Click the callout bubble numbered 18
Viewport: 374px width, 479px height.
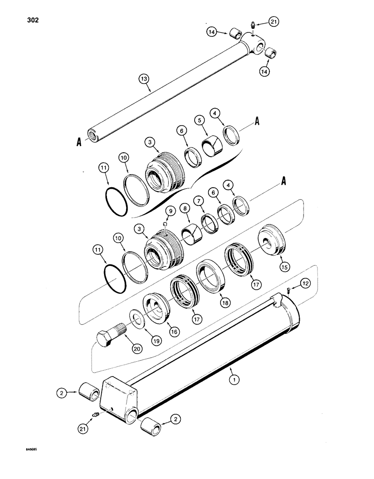pos(223,302)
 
